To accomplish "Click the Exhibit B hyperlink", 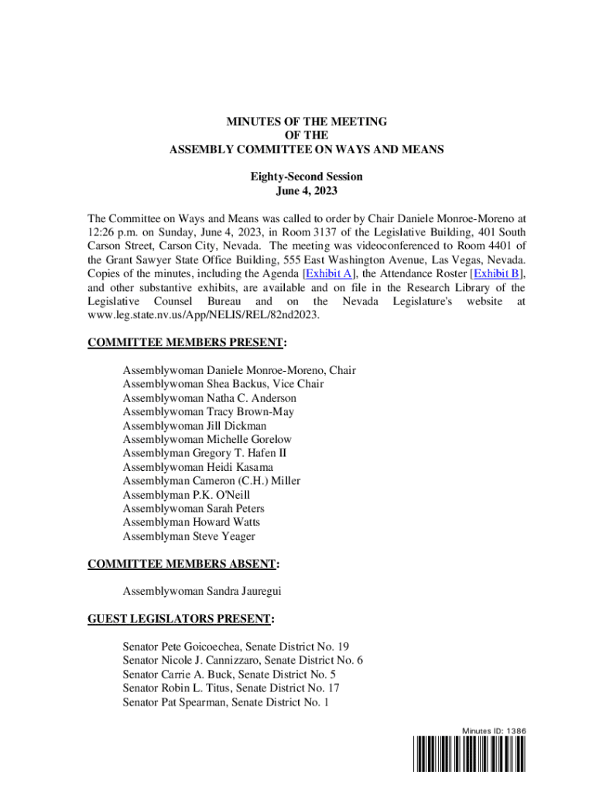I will click(498, 273).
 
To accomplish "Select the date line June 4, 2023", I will click(307, 191).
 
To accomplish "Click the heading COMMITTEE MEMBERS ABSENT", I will click(183, 565).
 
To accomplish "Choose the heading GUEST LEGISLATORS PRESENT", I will click(180, 620).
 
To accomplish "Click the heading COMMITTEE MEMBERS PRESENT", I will click(186, 342).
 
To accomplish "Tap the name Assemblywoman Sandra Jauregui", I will click(201, 592).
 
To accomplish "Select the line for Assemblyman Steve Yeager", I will click(189, 536).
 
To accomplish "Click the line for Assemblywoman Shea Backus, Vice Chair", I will click(223, 384).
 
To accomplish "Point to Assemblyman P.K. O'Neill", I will click(187, 494).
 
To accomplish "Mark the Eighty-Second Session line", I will click(307, 177).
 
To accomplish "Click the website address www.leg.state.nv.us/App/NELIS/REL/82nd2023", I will click(203, 314).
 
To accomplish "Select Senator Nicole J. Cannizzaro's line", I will click(243, 660).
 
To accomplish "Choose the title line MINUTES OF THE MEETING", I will click(307, 122).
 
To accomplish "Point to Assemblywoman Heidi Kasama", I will click(197, 467).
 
